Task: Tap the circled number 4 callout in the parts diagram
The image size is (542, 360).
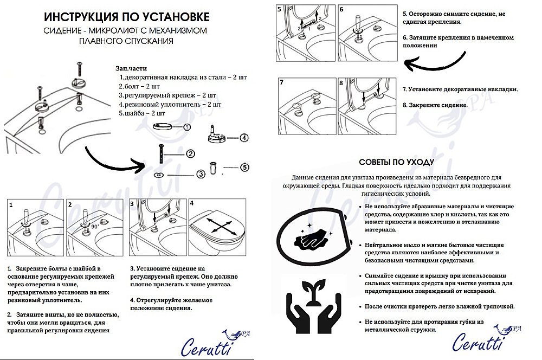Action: coord(244,138)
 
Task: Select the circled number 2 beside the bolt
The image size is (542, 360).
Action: coord(190,153)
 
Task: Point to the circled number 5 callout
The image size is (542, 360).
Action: coord(244,167)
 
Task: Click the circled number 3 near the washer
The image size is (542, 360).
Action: coord(200,174)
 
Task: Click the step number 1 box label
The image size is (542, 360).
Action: coord(11,205)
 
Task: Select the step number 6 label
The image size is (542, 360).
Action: coord(341,10)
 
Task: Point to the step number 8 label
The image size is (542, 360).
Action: coord(341,83)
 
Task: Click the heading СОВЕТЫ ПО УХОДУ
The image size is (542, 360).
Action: coord(396,162)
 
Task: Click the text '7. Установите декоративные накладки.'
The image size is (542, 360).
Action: coord(460,89)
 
